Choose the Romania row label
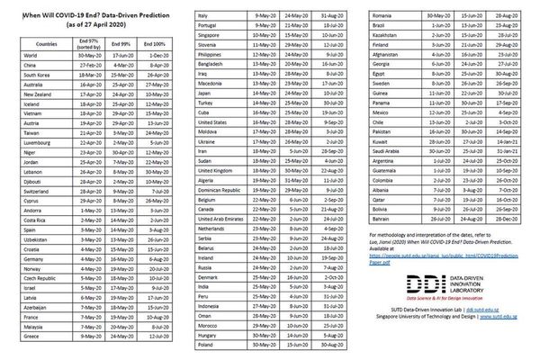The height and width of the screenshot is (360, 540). click(x=382, y=16)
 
